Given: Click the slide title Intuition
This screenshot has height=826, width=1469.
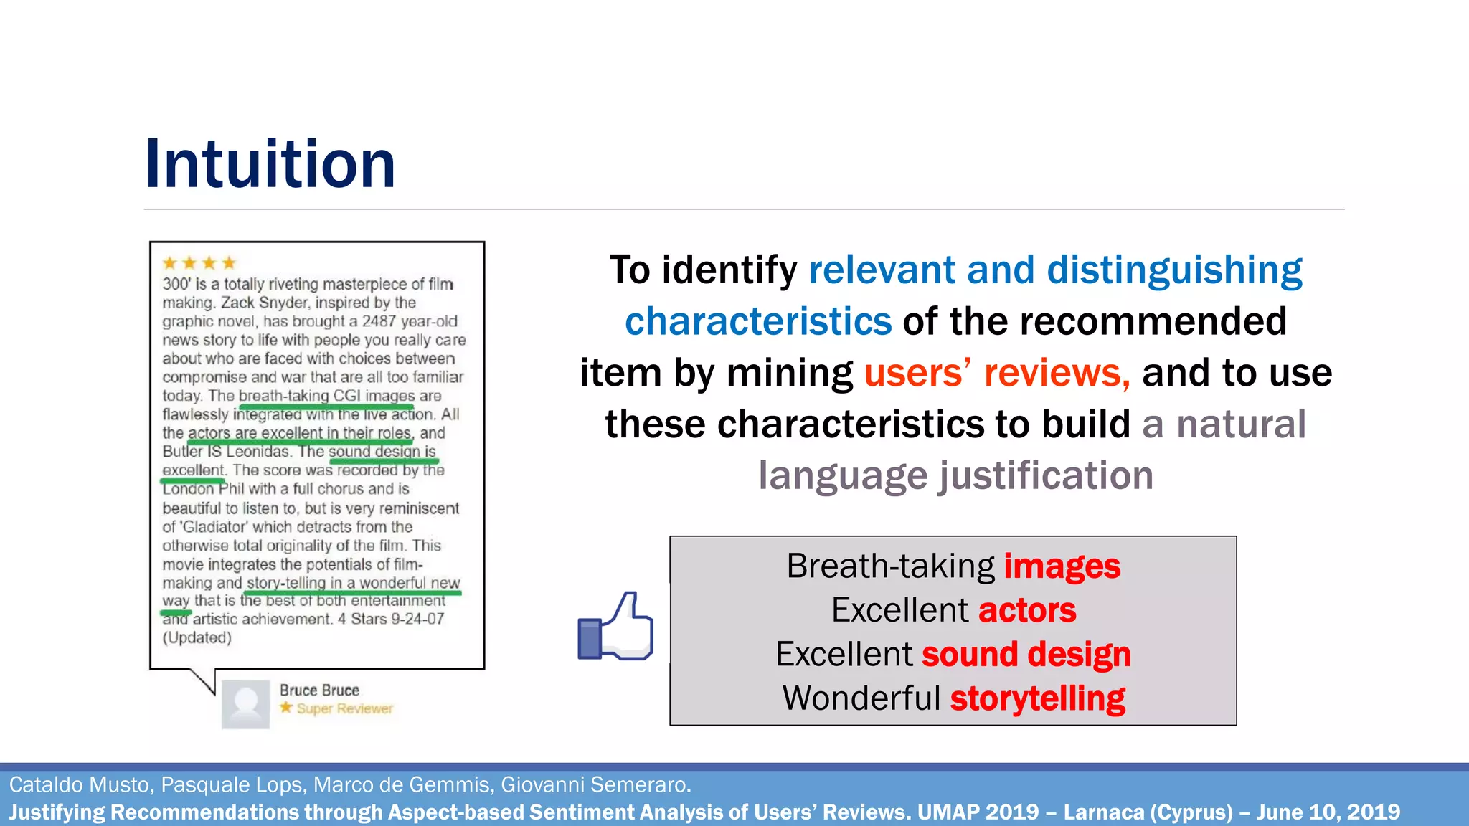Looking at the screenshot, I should coord(270,164).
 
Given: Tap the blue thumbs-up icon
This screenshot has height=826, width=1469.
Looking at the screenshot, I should coord(615,627).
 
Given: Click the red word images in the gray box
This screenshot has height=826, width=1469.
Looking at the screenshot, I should coord(1062,566).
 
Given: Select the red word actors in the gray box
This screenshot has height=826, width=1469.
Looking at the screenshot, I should coord(1026,611).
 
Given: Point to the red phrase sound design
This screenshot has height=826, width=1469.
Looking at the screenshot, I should coord(1026,655).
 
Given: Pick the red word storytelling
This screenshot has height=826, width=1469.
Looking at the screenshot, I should coord(1037,699).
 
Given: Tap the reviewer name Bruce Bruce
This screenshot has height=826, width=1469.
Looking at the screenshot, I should coord(319,690).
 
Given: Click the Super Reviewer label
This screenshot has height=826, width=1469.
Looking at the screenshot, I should coord(344,709).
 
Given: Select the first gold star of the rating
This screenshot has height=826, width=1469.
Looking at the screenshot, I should coord(170,263).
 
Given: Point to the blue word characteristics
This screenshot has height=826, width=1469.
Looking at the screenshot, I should coord(758,321).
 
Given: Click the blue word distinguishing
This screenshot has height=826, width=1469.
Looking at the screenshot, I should coord(1174,270).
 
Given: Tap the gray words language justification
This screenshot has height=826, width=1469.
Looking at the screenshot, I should coord(955,475).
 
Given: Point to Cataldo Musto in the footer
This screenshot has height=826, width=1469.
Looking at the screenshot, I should coord(80,785).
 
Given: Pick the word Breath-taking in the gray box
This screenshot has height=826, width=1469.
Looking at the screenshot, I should coord(890,566).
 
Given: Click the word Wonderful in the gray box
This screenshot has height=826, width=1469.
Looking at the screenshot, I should coord(861,699).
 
